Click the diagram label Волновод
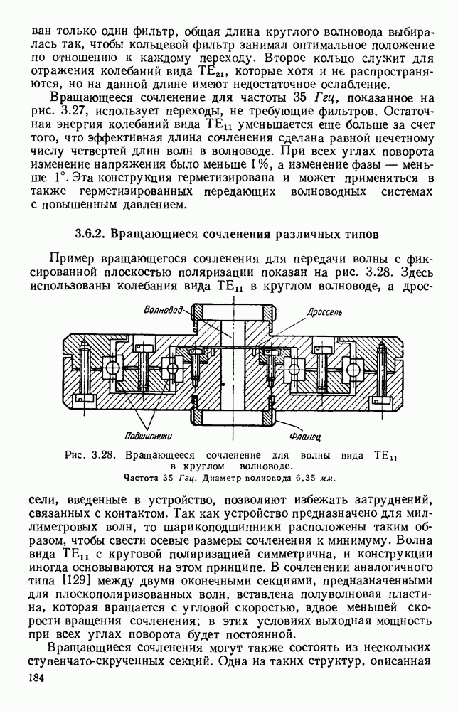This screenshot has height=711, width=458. pos(163,310)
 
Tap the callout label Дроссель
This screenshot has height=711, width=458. pos(326,311)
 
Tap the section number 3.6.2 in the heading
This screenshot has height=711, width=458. pos(91,233)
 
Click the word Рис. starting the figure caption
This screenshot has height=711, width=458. pos(75,454)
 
